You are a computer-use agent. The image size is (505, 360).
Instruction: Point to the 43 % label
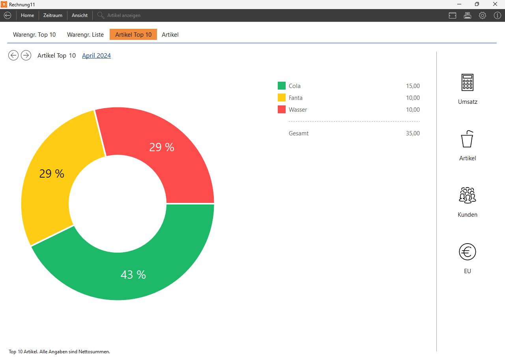point(133,275)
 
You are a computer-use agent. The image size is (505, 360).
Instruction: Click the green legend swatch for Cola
point(282,86)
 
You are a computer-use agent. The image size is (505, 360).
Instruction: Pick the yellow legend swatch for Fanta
point(282,97)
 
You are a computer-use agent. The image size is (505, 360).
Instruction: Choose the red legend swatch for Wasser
point(282,109)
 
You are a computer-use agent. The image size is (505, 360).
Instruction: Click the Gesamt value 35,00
point(413,133)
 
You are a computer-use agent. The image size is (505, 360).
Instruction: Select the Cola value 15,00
point(413,86)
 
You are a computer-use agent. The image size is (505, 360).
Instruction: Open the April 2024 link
point(96,56)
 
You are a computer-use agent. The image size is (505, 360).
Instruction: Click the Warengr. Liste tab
point(85,35)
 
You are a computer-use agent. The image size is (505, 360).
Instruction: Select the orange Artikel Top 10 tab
point(133,35)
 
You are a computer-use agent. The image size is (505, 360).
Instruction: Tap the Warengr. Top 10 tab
point(34,35)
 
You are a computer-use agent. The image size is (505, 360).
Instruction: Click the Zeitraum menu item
point(53,15)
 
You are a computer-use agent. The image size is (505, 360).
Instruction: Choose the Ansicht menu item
point(80,15)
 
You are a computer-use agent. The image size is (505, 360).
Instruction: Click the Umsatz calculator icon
point(468,82)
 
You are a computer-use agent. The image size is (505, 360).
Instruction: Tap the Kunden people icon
point(468,195)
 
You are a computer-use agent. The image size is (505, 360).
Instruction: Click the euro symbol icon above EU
point(468,252)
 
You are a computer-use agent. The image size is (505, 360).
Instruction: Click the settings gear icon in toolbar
point(483,15)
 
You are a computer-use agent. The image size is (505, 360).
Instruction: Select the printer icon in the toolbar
point(468,15)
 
